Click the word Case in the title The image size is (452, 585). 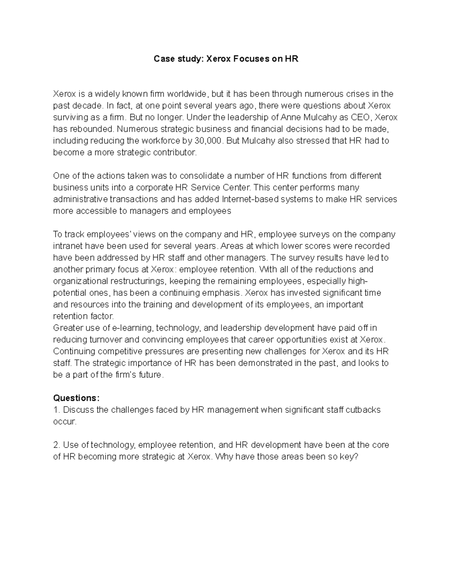tap(162, 59)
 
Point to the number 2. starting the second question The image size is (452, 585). tap(57, 445)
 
